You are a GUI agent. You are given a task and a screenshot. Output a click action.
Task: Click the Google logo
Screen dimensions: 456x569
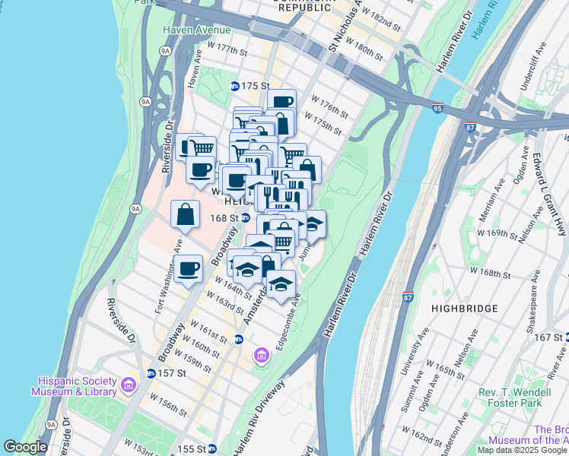pos(25,447)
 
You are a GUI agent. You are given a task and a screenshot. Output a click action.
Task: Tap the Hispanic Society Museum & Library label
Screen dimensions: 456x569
pos(75,386)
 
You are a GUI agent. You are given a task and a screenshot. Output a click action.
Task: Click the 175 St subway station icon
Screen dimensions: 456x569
pos(235,86)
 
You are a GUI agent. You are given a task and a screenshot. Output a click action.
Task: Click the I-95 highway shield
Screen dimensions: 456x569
pos(437,109)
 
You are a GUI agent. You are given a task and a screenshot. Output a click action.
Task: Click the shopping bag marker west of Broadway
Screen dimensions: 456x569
pos(186,215)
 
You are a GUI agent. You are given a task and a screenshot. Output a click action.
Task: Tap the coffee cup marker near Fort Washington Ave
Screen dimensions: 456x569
pos(188,268)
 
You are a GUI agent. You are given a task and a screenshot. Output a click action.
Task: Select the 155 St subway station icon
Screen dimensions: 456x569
pos(214,448)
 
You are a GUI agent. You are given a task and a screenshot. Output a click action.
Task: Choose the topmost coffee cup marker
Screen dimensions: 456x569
pos(281,102)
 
